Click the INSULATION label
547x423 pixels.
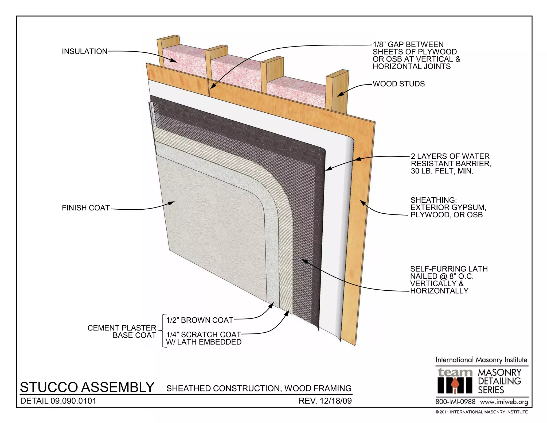84,51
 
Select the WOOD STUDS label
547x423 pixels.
398,84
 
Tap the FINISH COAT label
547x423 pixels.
86,208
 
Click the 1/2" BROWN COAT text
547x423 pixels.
200,320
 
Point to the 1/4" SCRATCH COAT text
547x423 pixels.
203,334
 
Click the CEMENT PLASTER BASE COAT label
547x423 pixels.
122,332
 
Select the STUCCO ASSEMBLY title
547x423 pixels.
87,387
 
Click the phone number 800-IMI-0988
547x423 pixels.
455,402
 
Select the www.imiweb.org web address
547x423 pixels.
504,402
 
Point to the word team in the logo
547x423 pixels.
455,372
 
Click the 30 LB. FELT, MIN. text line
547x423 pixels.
442,171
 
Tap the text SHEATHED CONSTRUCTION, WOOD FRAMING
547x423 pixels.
259,388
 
